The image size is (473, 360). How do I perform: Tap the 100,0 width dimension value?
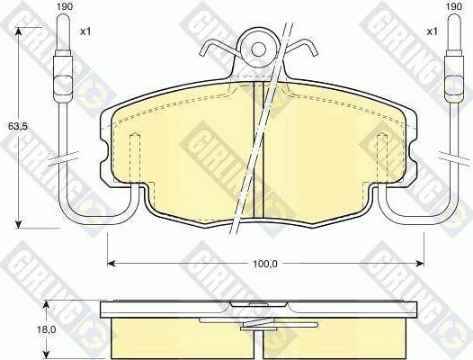pos(263,263)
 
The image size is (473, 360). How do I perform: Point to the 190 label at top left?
pos(64,8)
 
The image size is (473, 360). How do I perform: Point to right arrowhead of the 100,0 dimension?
pos(420,263)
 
